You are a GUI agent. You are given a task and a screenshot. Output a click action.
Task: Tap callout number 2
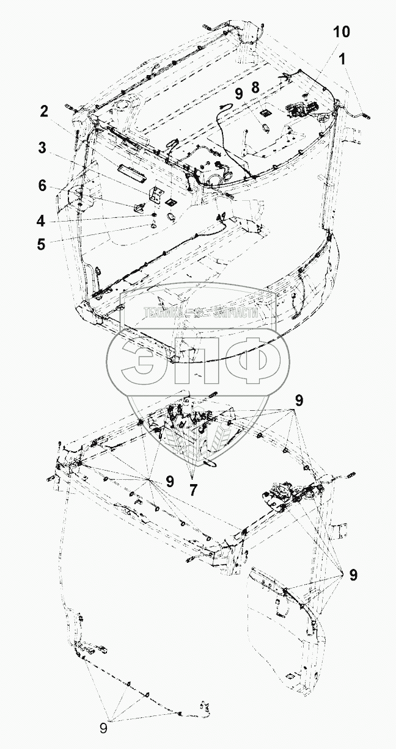click(44, 112)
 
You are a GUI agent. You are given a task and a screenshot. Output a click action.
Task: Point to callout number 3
click(42, 148)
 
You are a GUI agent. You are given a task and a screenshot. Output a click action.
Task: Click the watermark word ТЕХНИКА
click(164, 313)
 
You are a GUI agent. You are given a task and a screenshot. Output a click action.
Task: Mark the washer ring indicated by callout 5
click(153, 226)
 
